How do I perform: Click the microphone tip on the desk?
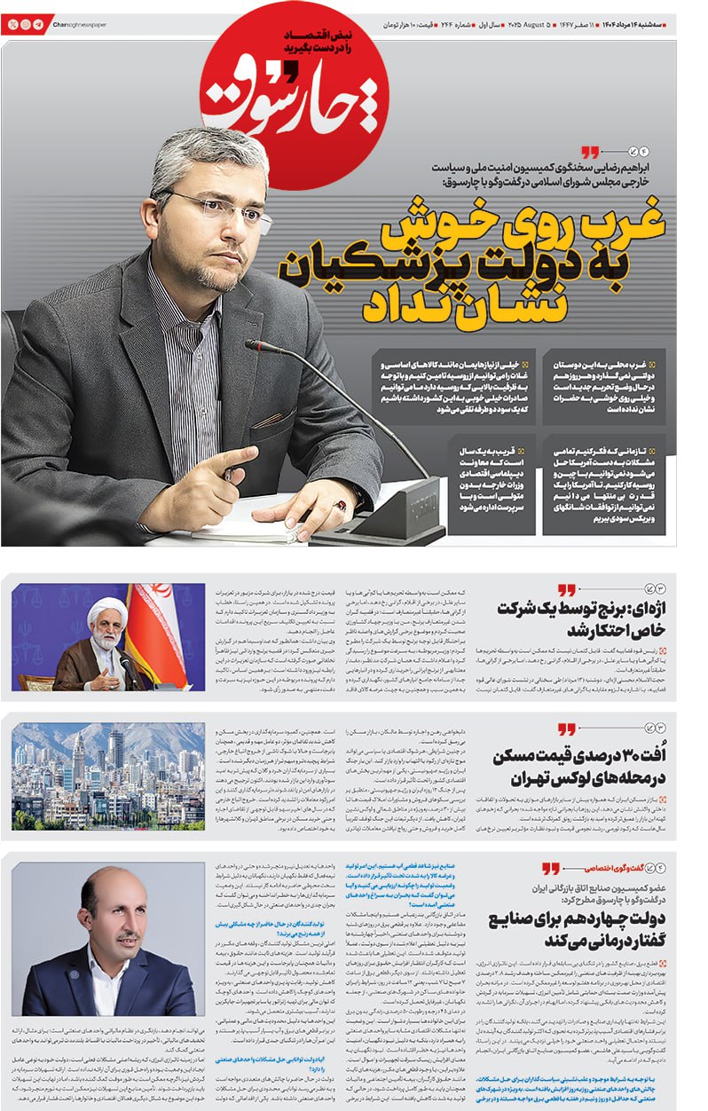click(x=253, y=344)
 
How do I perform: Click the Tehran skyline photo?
click(x=108, y=776)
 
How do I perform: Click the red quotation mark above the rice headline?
click(x=565, y=590)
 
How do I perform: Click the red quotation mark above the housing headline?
click(x=565, y=729)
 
